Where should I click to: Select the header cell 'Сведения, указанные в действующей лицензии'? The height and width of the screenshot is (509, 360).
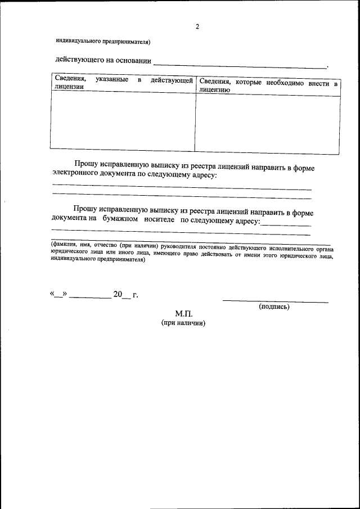(x=123, y=83)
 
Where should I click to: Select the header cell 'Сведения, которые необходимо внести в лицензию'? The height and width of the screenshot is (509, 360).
(x=268, y=85)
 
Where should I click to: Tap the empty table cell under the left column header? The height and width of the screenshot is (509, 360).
(x=123, y=121)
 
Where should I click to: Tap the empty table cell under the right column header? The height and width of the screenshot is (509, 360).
(x=268, y=123)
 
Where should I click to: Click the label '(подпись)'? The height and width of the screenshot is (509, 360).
(x=274, y=307)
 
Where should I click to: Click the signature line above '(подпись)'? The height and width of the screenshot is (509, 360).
(x=275, y=301)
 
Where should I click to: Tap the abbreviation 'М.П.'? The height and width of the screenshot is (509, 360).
(x=183, y=314)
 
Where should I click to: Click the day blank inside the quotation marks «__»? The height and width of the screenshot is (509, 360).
(x=59, y=295)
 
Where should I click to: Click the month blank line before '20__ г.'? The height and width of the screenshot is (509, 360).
(x=91, y=296)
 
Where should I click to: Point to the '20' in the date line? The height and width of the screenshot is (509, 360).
(x=118, y=294)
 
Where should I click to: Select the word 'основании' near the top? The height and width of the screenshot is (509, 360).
(x=133, y=61)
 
